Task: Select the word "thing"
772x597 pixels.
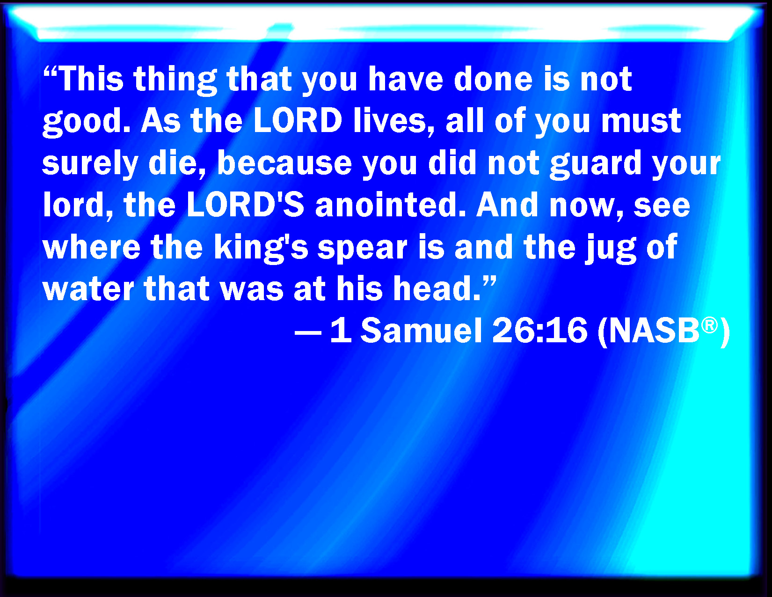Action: [x=175, y=81]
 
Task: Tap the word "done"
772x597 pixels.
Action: [x=493, y=79]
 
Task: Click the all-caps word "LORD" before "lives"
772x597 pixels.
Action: [x=298, y=120]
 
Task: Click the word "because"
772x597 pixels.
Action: [x=284, y=162]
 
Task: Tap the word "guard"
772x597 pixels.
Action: [x=596, y=165]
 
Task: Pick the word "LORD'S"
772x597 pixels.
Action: [x=246, y=205]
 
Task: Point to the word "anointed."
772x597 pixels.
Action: [x=390, y=205]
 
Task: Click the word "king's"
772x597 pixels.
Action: [x=261, y=248]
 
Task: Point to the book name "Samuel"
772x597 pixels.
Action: [x=422, y=330]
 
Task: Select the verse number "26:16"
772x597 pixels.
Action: [x=540, y=330]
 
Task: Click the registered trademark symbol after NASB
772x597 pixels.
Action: [x=710, y=326]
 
